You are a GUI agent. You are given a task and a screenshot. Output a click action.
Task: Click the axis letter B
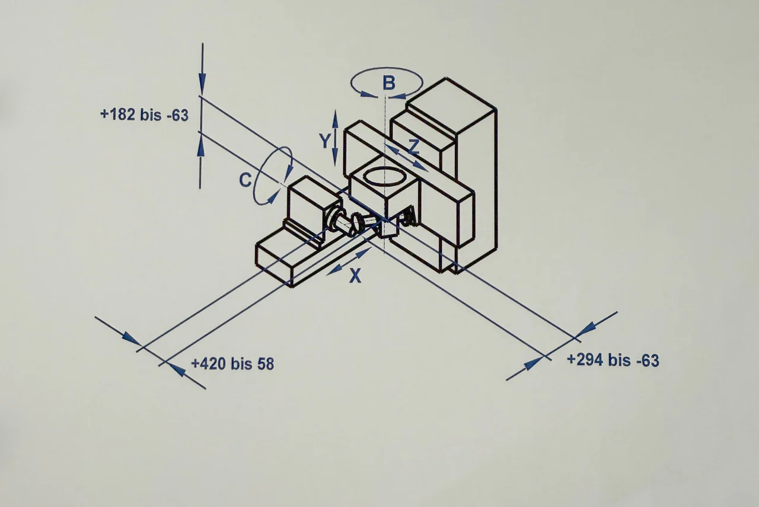click(388, 83)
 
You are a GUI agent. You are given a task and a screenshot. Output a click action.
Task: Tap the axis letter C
click(245, 180)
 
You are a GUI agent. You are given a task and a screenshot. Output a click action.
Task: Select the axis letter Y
click(324, 141)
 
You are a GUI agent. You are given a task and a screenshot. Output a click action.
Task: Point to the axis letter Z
click(414, 146)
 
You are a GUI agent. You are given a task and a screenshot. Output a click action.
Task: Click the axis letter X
click(355, 275)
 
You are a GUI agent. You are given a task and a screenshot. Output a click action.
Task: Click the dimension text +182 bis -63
click(144, 115)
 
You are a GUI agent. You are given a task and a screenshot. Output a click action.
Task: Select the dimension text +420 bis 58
click(232, 363)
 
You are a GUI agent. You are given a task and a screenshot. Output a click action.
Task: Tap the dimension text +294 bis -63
click(613, 360)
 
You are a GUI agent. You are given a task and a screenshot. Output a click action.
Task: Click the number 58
click(266, 364)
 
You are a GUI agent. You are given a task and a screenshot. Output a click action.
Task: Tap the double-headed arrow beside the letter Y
click(335, 138)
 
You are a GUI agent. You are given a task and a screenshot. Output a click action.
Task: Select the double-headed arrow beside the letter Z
click(406, 158)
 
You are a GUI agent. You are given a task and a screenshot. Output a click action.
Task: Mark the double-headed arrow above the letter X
click(349, 262)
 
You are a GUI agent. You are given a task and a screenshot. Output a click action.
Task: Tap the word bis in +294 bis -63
click(620, 360)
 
